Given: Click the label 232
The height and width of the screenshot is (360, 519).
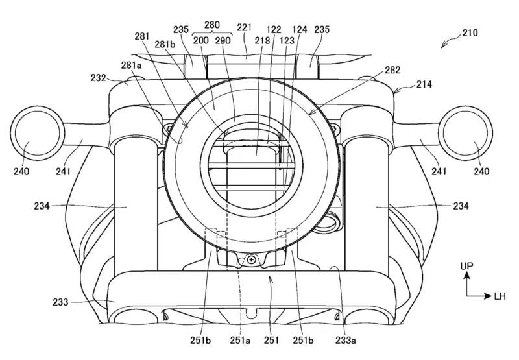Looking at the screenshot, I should pos(99,78).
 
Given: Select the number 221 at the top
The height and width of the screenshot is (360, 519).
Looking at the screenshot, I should pos(245,28).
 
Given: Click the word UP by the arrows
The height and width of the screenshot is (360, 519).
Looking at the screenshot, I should pos(467,266).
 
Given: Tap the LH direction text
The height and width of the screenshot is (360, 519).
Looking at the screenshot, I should pos(500,296).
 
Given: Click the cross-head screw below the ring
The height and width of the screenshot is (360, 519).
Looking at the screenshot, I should pos(252,259).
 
